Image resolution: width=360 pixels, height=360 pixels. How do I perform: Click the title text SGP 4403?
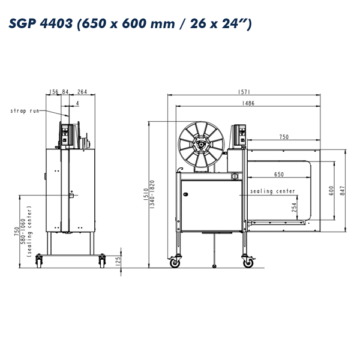(41, 23)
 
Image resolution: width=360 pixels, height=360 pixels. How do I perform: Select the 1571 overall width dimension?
(244, 92)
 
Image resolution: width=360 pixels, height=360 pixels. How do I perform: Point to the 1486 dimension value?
(248, 103)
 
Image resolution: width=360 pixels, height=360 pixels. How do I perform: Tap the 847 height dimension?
(343, 191)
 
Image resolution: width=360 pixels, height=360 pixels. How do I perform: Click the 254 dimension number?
(294, 207)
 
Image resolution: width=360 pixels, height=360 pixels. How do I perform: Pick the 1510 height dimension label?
(146, 194)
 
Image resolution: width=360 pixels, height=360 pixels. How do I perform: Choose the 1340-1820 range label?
(152, 194)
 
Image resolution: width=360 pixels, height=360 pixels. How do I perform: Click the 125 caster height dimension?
(118, 262)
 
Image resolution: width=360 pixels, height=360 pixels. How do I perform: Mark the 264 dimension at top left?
(82, 92)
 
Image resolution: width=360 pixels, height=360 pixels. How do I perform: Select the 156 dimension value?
(54, 92)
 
